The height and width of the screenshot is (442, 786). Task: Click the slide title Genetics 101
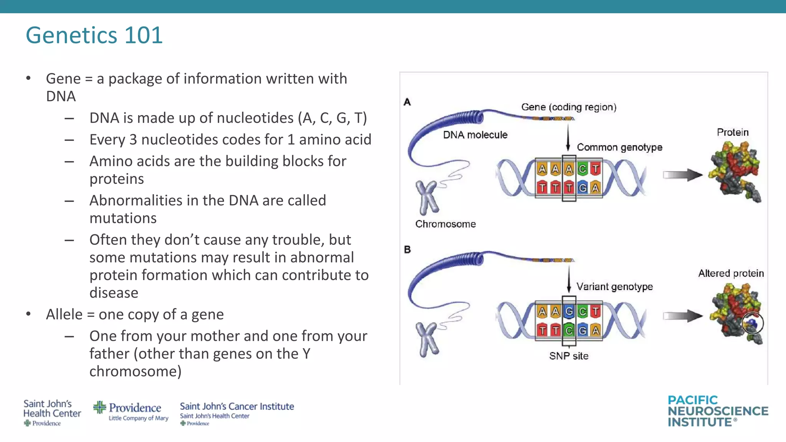pyautogui.click(x=94, y=35)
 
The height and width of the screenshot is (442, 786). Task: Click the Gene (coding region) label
pyautogui.click(x=568, y=107)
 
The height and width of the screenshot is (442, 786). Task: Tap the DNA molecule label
pyautogui.click(x=475, y=135)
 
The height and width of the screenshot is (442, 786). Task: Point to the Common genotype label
pyautogui.click(x=619, y=147)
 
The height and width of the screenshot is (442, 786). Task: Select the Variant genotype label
pyautogui.click(x=614, y=287)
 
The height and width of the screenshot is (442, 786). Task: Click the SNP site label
pyautogui.click(x=568, y=356)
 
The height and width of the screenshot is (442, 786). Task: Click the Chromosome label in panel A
pyautogui.click(x=445, y=224)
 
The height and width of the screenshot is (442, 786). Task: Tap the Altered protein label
pyautogui.click(x=731, y=273)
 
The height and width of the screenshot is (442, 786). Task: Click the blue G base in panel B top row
pyautogui.click(x=569, y=311)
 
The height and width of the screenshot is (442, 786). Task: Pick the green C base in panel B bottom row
pyautogui.click(x=569, y=330)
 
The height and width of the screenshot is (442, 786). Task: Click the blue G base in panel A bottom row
pyautogui.click(x=582, y=188)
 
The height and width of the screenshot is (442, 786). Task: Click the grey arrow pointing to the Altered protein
pyautogui.click(x=682, y=316)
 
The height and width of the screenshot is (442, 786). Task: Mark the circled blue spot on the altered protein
pyautogui.click(x=752, y=323)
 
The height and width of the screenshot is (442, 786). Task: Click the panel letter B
pyautogui.click(x=407, y=249)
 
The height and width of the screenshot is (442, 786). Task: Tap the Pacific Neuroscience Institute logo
pyautogui.click(x=717, y=411)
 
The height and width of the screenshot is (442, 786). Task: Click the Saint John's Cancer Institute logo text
pyautogui.click(x=237, y=407)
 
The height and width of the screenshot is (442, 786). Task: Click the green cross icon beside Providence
pyautogui.click(x=99, y=407)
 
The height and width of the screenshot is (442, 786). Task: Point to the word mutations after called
pyautogui.click(x=123, y=218)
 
